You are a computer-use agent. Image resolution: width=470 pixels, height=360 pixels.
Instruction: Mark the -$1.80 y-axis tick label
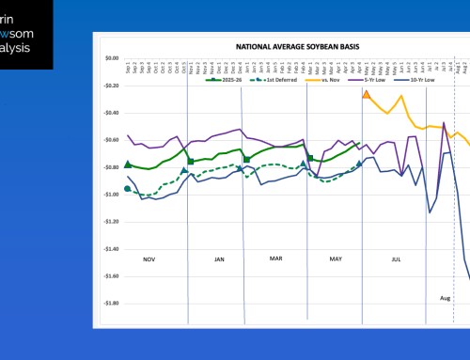point(109,304)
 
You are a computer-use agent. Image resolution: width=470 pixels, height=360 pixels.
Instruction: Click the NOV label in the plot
point(149,258)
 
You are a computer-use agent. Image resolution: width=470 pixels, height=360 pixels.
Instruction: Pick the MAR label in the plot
point(276,258)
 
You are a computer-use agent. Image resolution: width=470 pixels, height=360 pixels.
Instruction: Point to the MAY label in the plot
point(334,258)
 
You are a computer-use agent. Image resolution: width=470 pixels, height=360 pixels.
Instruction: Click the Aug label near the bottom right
point(446,297)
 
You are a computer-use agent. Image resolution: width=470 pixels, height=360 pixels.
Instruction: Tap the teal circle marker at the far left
point(128,189)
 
